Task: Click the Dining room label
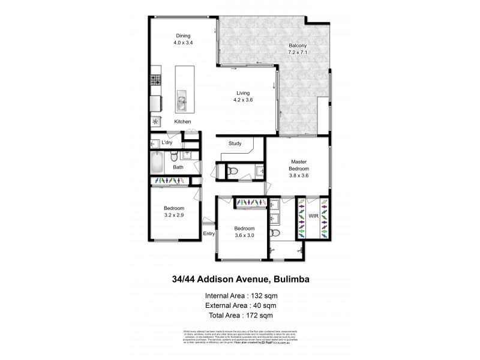point(184,35)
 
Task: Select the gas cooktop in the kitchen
point(155,79)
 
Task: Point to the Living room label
point(243,92)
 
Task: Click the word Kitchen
point(183,122)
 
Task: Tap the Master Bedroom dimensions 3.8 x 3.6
point(299,176)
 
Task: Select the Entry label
point(209,233)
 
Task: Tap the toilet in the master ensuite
point(275,232)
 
